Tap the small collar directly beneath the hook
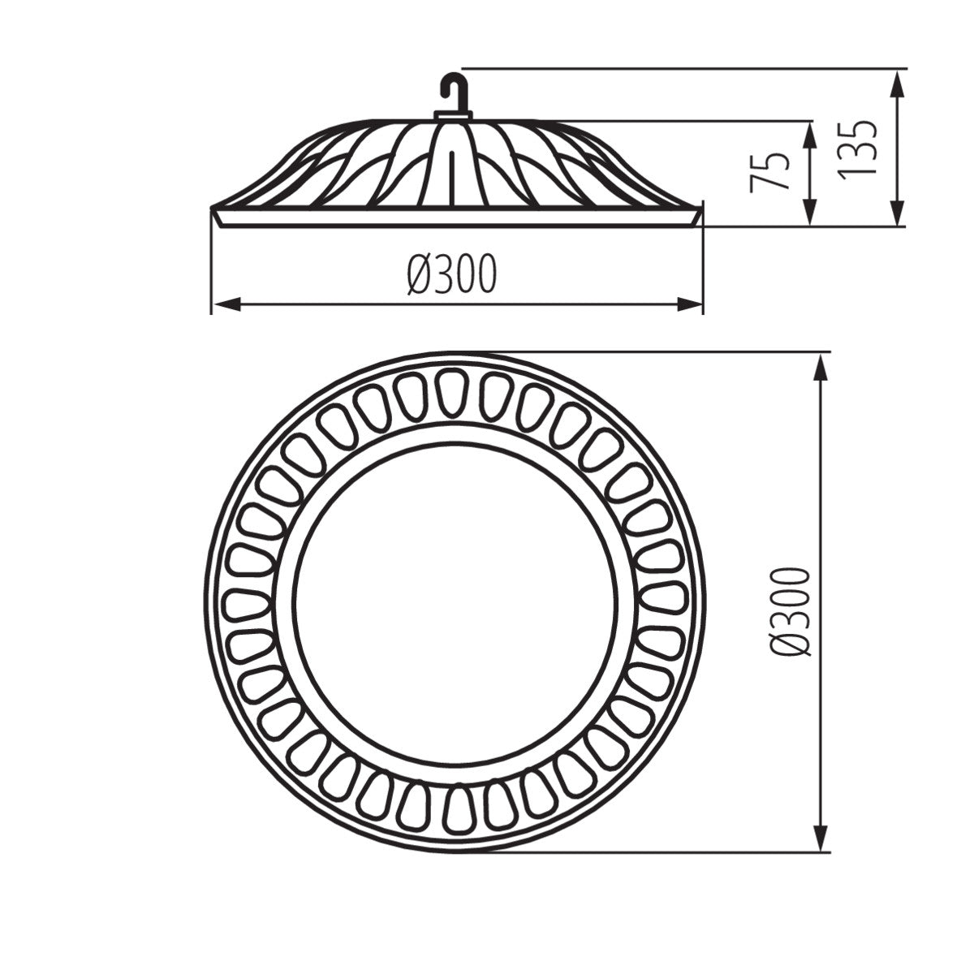coord(455,115)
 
